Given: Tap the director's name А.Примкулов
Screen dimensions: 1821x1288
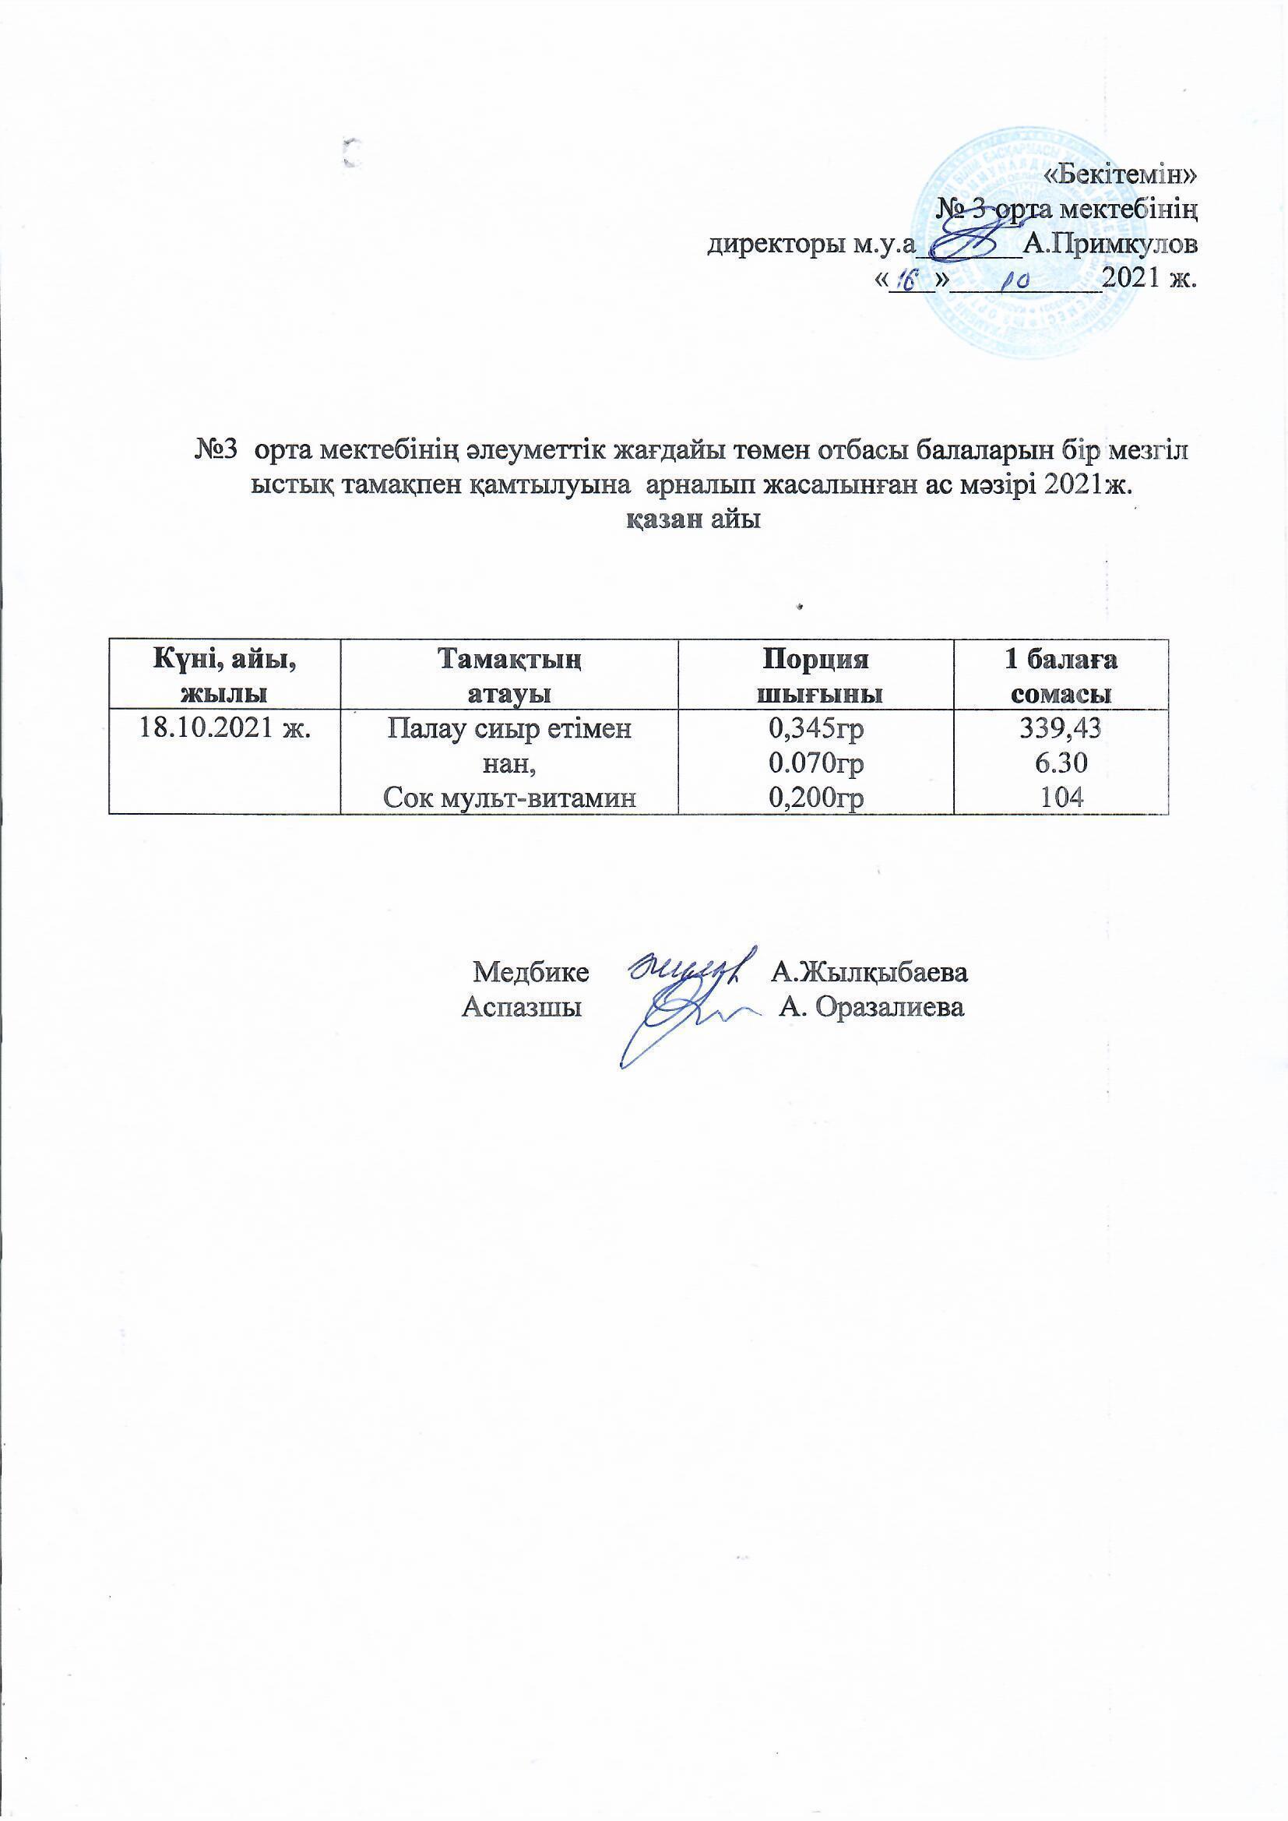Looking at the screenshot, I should pos(1110,245).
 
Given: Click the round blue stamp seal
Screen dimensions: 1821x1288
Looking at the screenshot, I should pos(1031,246).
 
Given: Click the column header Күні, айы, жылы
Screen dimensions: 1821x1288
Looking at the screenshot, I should pos(224,675).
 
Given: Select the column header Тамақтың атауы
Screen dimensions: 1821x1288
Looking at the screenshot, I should pos(509,675).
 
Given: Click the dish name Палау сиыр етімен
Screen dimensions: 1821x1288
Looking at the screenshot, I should pos(509,728).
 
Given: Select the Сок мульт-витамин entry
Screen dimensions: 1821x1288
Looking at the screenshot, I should pos(509,797).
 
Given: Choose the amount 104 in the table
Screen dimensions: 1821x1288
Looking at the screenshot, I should pos(1061,797).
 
